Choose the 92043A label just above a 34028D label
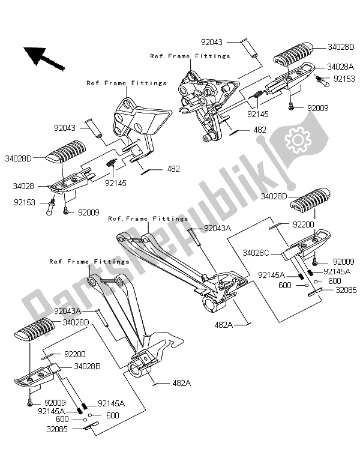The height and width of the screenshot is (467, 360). coord(71,311)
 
